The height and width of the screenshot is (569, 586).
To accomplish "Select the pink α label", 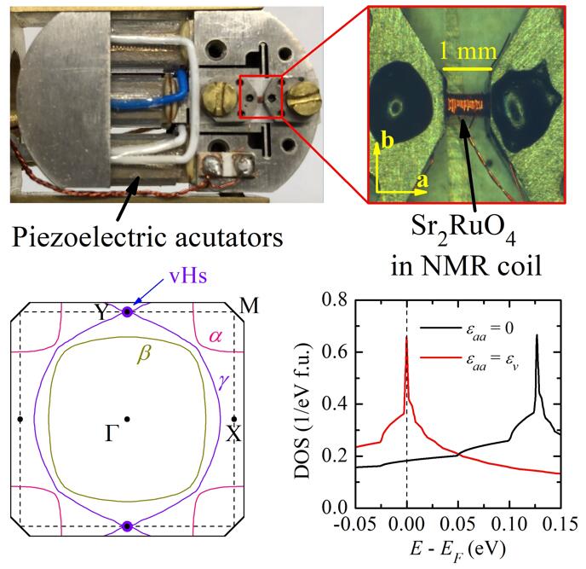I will [x=217, y=337].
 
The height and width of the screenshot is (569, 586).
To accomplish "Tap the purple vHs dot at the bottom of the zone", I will [x=127, y=526].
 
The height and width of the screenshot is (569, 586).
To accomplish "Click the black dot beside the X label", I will [x=233, y=419].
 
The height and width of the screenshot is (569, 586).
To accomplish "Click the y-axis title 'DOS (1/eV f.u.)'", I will [x=305, y=401].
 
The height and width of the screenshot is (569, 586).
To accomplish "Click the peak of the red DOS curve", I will [x=406, y=337].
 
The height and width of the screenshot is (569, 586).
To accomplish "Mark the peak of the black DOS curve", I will [x=537, y=335].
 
